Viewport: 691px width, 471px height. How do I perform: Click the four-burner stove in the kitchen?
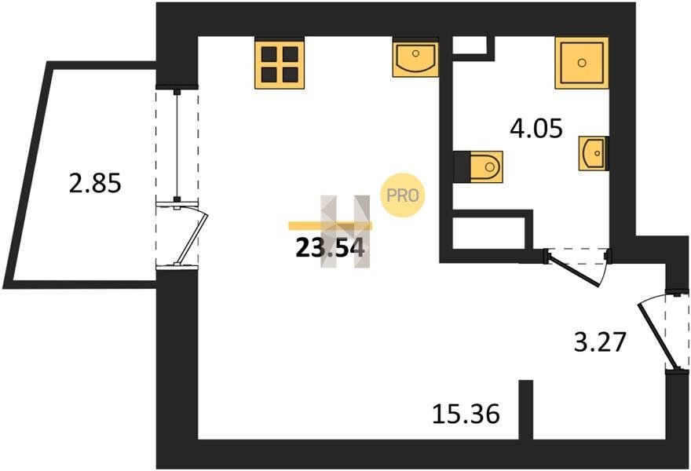[x=279, y=64]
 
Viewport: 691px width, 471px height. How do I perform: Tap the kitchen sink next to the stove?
[x=415, y=59]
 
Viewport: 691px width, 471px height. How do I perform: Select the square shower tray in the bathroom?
[x=581, y=62]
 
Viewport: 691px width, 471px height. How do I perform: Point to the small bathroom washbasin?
[x=593, y=152]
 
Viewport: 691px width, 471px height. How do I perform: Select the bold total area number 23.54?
[x=329, y=248]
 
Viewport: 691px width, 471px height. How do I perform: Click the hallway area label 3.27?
[x=598, y=342]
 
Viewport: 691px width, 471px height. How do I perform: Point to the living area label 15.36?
[x=466, y=413]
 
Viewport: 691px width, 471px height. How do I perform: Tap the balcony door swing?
[x=189, y=236]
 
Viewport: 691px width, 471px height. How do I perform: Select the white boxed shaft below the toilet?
[x=488, y=229]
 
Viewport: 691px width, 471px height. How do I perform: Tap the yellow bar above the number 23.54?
[x=330, y=225]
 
